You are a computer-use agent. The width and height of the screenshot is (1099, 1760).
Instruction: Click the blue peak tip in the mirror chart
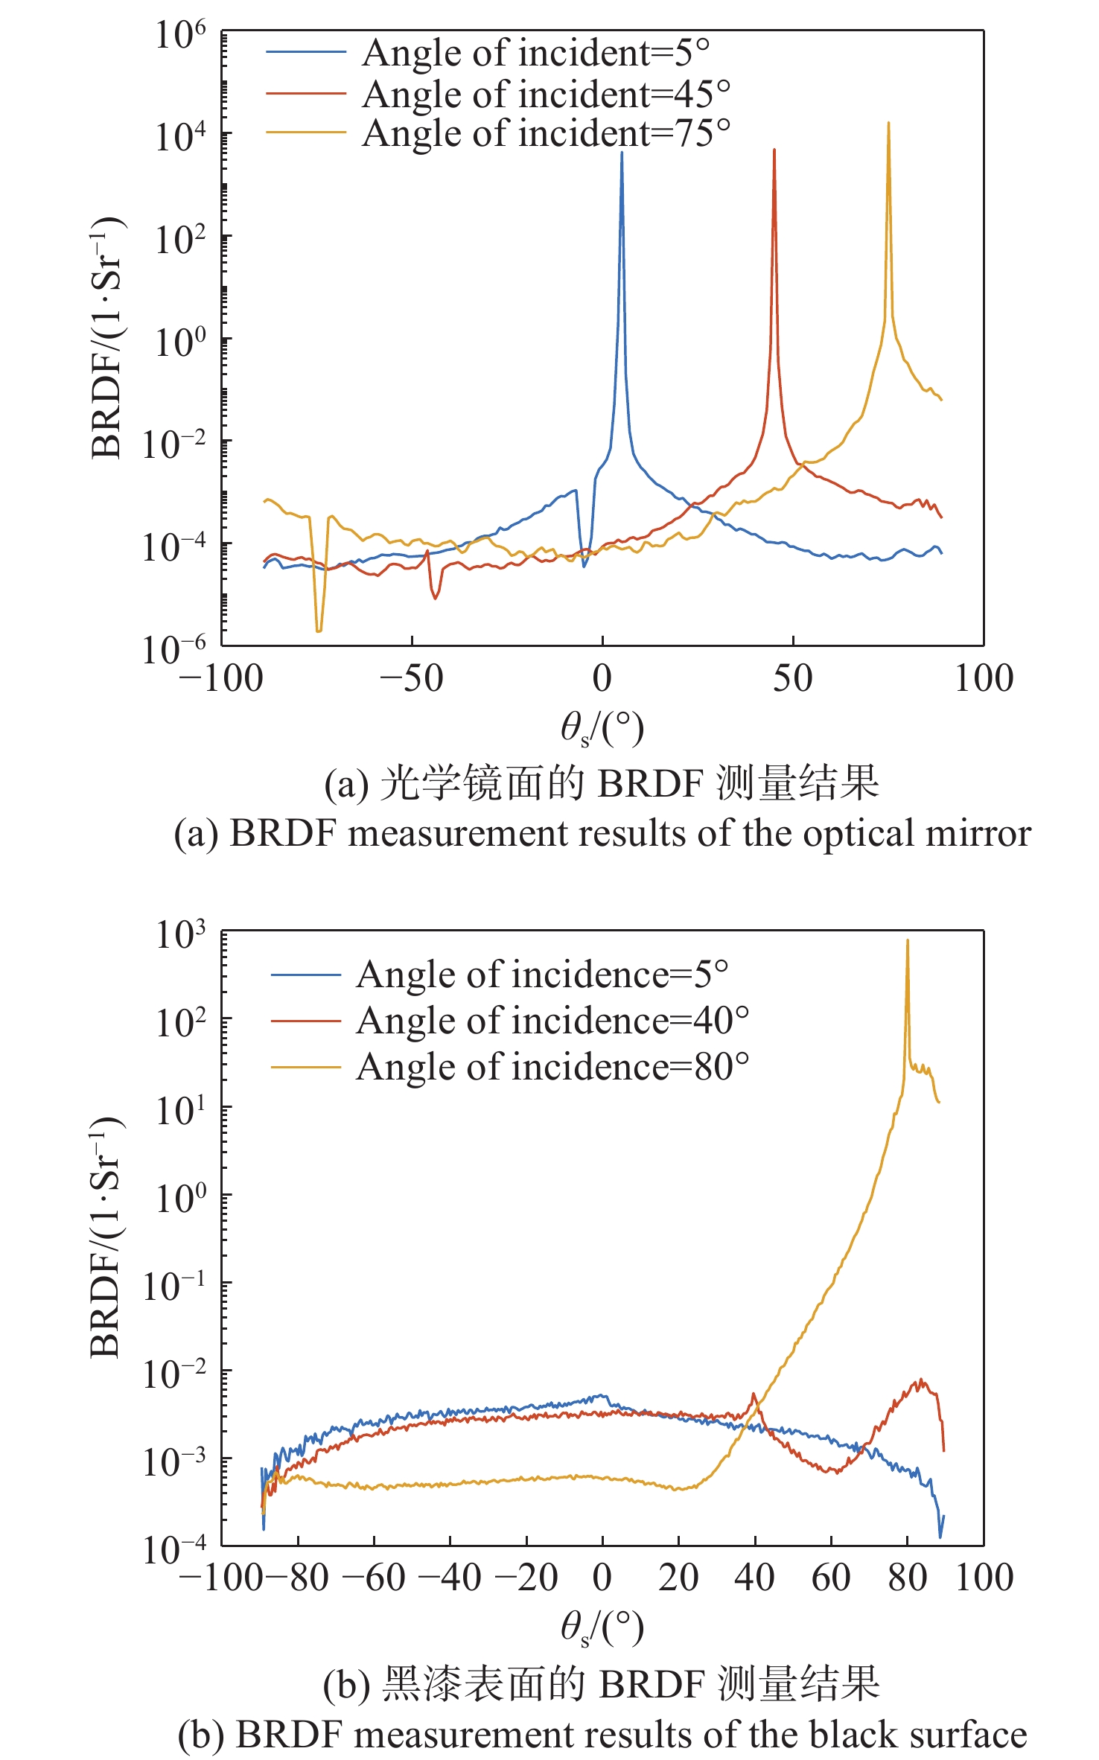[x=622, y=153]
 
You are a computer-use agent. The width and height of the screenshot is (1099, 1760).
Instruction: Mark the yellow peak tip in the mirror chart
[x=888, y=124]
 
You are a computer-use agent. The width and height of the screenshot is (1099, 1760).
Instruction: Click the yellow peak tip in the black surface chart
[x=907, y=941]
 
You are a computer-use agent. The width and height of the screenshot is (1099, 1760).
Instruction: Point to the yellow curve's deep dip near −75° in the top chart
[x=319, y=629]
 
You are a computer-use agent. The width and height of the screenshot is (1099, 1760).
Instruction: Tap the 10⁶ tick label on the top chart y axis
[x=179, y=36]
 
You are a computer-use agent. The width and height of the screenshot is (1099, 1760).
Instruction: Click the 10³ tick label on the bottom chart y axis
[x=179, y=936]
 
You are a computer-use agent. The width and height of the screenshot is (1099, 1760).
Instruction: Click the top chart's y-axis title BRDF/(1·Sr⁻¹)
[x=106, y=338]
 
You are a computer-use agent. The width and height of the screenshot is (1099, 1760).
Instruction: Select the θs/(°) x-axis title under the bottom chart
[x=602, y=1627]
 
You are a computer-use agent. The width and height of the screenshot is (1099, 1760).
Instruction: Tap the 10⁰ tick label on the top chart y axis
[x=179, y=343]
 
